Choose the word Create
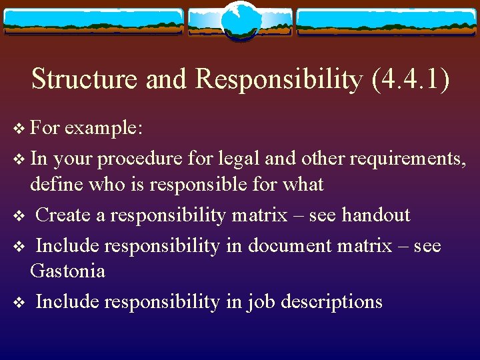tap(70, 215)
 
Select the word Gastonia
tap(67, 271)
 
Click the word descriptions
tap(331, 301)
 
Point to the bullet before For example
tap(19, 128)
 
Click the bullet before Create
tap(19, 215)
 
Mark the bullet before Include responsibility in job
tap(19, 302)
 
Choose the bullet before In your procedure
tap(19, 159)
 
